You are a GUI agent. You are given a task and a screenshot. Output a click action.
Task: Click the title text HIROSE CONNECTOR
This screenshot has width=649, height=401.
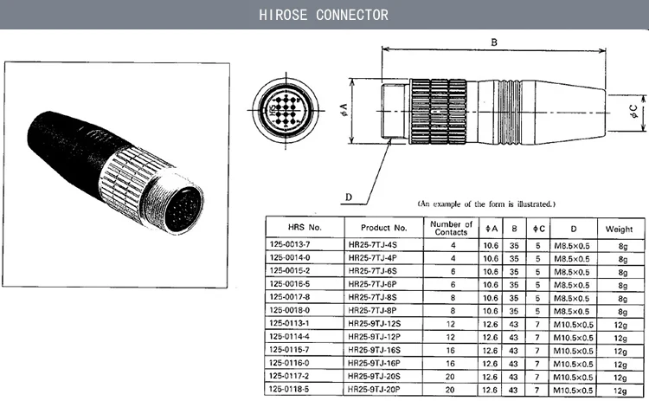click(x=324, y=15)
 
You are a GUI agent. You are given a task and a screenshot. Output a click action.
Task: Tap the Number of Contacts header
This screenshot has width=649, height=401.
click(x=451, y=228)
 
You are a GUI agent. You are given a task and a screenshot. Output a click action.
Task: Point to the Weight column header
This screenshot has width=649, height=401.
click(x=619, y=228)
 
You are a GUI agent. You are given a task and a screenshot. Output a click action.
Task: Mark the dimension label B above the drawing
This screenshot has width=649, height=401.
click(x=495, y=42)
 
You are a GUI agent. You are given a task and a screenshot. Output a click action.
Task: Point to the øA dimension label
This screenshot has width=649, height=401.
click(x=344, y=108)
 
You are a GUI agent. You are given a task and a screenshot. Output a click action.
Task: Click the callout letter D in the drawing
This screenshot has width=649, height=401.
click(x=349, y=197)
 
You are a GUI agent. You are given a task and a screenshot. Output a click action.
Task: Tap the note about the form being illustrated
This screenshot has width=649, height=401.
click(x=486, y=204)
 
